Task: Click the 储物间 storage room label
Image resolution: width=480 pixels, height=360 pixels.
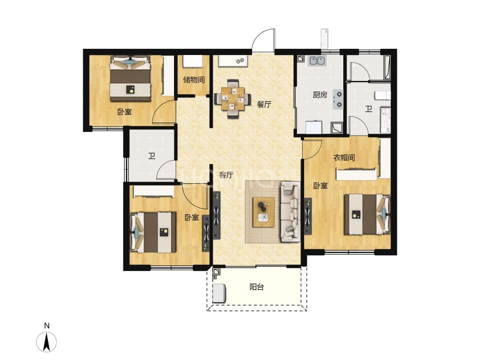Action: click(x=194, y=80)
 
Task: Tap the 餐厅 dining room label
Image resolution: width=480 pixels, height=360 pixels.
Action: click(x=264, y=104)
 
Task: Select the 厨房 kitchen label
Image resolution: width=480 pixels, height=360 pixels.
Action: click(x=320, y=95)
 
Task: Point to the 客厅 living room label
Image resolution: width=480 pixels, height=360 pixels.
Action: click(x=226, y=175)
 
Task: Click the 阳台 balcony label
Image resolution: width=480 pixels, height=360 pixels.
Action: click(x=257, y=287)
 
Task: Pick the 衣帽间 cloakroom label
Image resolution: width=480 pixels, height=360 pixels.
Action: click(x=344, y=158)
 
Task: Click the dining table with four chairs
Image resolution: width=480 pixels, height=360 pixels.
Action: click(x=233, y=98)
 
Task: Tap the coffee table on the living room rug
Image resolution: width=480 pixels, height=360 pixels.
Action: click(x=263, y=212)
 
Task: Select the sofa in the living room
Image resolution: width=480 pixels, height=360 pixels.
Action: click(x=290, y=211)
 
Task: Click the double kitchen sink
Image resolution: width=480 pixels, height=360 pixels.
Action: click(x=317, y=60)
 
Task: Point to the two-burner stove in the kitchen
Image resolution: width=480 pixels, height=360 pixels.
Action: click(x=338, y=99)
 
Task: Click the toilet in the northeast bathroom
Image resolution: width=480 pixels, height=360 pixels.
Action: click(x=382, y=95)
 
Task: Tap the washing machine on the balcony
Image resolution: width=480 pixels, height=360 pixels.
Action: click(x=219, y=293)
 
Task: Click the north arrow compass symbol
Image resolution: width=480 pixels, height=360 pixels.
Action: click(x=46, y=342)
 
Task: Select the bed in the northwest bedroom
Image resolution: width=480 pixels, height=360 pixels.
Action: click(x=131, y=78)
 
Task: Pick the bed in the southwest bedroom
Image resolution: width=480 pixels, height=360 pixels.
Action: click(x=153, y=232)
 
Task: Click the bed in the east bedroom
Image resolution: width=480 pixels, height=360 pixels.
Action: click(x=367, y=214)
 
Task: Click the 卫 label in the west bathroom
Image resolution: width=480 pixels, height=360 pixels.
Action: click(x=152, y=156)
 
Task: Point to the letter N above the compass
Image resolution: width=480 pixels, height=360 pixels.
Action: click(x=46, y=326)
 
